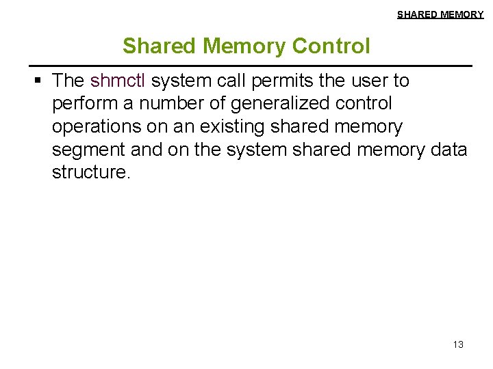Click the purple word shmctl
[x=118, y=81]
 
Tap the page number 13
[x=458, y=344]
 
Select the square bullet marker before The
[x=38, y=81]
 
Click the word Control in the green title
[x=331, y=46]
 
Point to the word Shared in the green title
[x=160, y=46]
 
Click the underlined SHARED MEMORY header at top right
[x=440, y=14]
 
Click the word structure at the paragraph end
[x=90, y=172]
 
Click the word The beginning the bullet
[x=68, y=81]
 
